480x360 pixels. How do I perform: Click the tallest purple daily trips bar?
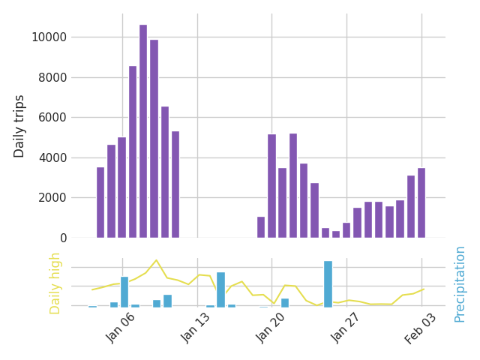click(x=143, y=131)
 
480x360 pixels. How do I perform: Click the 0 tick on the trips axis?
click(x=63, y=238)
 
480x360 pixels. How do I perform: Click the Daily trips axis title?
click(x=20, y=126)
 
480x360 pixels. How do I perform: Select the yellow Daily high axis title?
click(x=55, y=283)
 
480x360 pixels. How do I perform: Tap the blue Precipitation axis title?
click(x=460, y=283)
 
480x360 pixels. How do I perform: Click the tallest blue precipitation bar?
click(x=328, y=283)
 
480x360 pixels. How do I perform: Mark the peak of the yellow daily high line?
click(x=156, y=260)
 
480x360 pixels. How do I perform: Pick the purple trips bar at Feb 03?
click(x=421, y=202)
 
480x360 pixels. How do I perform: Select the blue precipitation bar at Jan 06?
click(x=124, y=292)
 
